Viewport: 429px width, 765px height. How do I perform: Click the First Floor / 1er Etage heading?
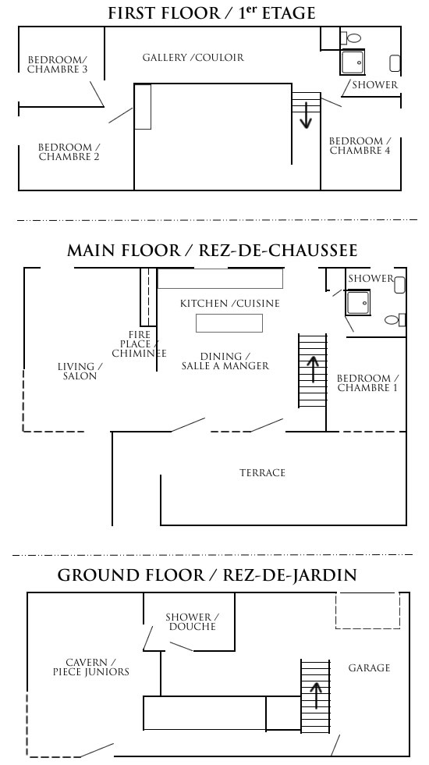click(212, 13)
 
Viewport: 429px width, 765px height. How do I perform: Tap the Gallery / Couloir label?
click(193, 58)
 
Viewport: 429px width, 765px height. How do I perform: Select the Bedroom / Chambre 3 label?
click(57, 65)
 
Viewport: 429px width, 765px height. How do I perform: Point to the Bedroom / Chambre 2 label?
click(69, 151)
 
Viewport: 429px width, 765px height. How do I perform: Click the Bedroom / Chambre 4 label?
click(360, 146)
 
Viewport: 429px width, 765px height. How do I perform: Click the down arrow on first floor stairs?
click(306, 115)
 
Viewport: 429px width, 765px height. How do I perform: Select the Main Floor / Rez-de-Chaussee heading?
click(212, 251)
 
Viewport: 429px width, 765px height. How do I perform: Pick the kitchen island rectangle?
click(229, 322)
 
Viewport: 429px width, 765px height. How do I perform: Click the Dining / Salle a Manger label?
click(225, 361)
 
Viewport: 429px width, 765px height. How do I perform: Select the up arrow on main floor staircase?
click(313, 368)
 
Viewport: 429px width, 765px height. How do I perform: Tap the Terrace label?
click(262, 472)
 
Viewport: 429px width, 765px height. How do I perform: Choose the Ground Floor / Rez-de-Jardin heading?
click(207, 576)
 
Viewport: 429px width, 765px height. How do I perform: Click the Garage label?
click(369, 667)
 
